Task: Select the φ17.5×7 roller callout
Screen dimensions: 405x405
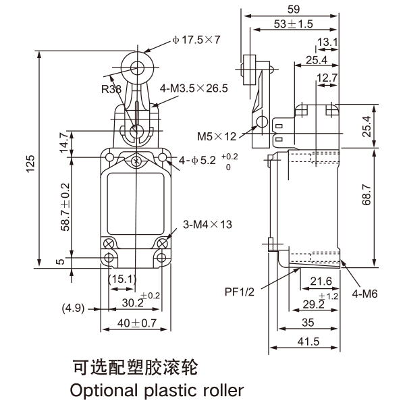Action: point(196,40)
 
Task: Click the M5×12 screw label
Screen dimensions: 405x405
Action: point(217,136)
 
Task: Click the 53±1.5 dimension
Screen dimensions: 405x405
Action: point(294,24)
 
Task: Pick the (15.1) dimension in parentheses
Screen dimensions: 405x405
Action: point(122,278)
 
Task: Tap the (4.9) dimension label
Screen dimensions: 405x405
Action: point(74,308)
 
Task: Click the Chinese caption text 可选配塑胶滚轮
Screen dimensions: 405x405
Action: point(135,368)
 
